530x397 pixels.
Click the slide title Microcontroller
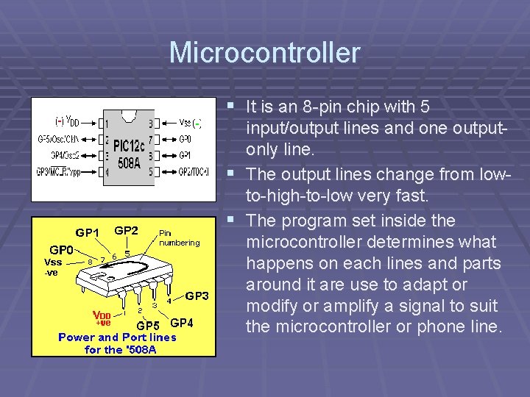point(264,53)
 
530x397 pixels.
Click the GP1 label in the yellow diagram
point(87,232)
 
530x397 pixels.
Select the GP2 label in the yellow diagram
point(126,230)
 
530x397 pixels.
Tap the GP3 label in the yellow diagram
point(197,296)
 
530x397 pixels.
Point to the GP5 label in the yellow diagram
point(148,325)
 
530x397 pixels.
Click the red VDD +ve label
point(102,318)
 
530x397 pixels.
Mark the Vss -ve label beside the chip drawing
point(53,266)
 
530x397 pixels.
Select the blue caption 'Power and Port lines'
point(118,337)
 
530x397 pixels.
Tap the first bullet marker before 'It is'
point(232,106)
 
